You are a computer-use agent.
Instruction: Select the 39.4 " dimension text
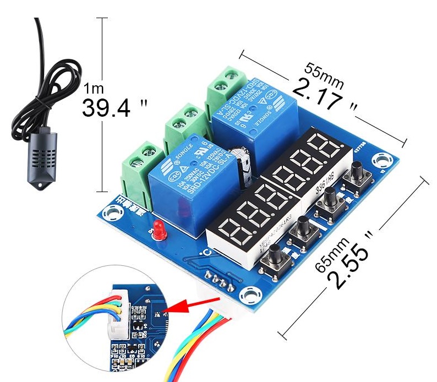(x=115, y=107)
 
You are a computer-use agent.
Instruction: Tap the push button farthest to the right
(x=357, y=172)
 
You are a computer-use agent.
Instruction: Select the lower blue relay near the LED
(x=187, y=176)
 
